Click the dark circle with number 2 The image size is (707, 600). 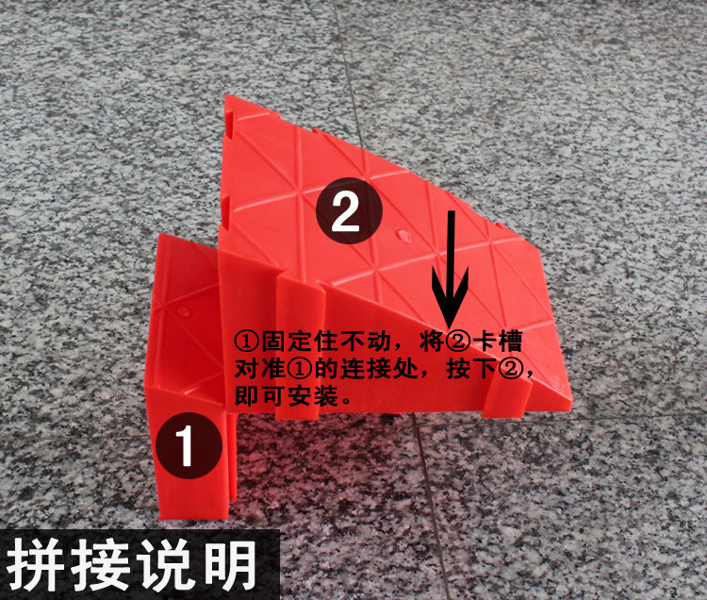pos(349,211)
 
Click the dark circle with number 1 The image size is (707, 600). pos(189,445)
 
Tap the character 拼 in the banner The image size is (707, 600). pos(35,564)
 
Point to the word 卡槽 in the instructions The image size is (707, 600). pos(496,342)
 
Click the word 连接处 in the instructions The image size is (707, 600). pos(378,369)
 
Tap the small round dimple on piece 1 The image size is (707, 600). pos(183,310)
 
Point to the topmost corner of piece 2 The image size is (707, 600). pos(228,95)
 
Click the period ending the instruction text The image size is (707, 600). pos(346,401)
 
